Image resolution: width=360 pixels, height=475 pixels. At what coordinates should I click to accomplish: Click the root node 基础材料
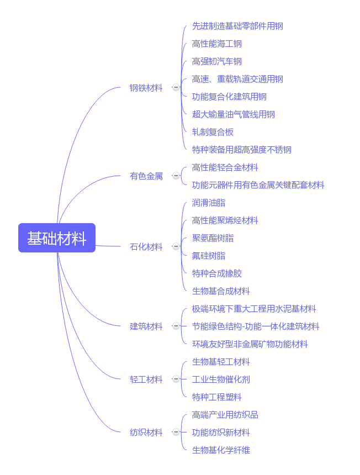[57, 238]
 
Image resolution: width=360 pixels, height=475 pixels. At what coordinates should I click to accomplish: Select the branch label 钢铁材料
[146, 88]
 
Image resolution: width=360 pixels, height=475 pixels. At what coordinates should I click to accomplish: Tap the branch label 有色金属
[146, 176]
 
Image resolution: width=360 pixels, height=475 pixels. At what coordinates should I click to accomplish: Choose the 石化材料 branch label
[146, 246]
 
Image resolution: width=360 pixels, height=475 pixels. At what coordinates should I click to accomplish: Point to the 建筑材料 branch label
[146, 326]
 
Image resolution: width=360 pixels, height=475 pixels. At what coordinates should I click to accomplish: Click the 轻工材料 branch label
[146, 379]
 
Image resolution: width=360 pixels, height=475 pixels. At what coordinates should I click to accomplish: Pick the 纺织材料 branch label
[146, 432]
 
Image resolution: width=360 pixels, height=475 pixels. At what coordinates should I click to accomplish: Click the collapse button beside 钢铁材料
[176, 88]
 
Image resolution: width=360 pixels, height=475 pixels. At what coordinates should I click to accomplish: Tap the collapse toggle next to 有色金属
[176, 176]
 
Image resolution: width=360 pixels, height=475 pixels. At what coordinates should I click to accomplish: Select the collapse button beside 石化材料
[176, 246]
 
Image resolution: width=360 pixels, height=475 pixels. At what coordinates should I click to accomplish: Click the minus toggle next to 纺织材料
[176, 432]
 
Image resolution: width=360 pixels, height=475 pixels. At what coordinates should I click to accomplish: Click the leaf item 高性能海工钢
[217, 44]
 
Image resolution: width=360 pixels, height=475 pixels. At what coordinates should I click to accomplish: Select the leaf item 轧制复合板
[213, 132]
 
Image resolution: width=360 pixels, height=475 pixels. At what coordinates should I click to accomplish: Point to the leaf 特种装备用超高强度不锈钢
[242, 150]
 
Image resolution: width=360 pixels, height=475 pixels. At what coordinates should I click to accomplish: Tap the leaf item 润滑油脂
[209, 203]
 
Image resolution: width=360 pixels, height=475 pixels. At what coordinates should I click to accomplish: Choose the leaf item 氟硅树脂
[209, 256]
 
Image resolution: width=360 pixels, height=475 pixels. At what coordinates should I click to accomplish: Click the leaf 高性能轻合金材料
[225, 167]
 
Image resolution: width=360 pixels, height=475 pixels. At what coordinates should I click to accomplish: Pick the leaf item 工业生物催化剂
[221, 379]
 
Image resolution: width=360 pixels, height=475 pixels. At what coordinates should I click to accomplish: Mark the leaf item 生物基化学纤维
[221, 450]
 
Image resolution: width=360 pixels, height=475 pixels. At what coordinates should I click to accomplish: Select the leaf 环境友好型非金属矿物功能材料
[250, 344]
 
